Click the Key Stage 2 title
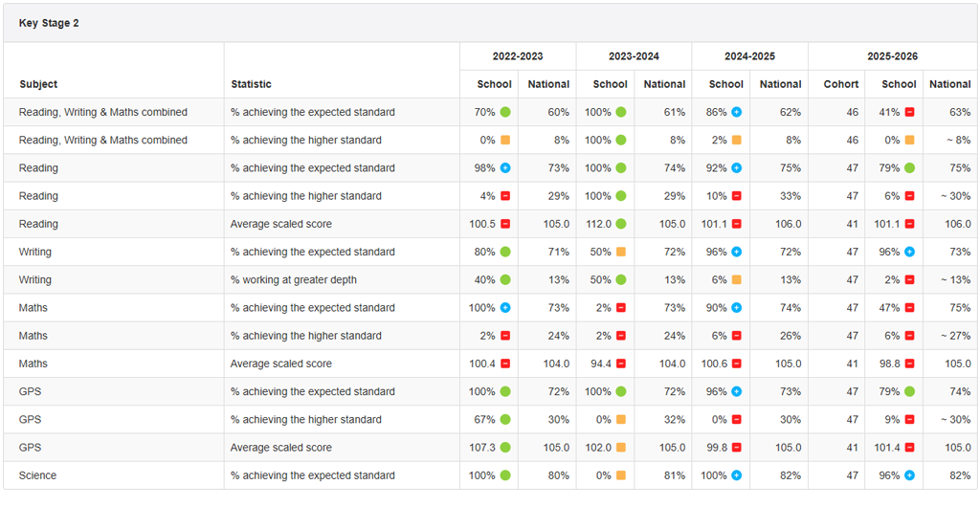coord(49,23)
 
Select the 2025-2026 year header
coord(893,56)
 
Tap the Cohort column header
coord(840,84)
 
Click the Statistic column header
coord(252,84)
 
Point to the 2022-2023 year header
coord(518,56)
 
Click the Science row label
coord(37,475)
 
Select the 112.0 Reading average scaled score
coord(598,224)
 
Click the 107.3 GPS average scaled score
coord(482,447)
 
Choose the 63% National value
coord(961,112)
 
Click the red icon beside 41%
coord(909,112)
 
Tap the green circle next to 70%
coord(505,112)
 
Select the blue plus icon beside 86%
coord(737,112)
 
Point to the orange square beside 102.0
coord(620,447)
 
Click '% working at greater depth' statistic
coord(294,279)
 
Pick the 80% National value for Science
coord(559,475)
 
